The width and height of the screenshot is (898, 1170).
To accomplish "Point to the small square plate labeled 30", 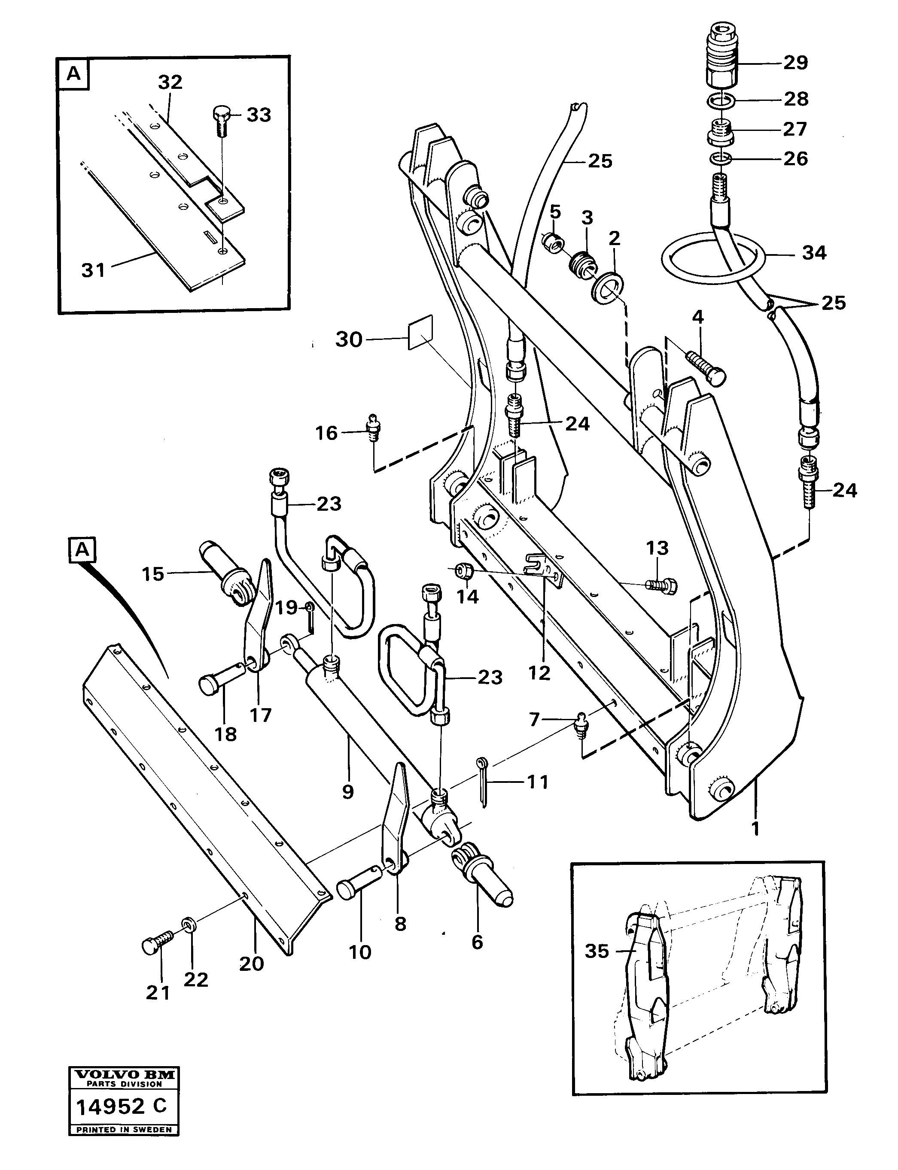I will click(420, 334).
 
